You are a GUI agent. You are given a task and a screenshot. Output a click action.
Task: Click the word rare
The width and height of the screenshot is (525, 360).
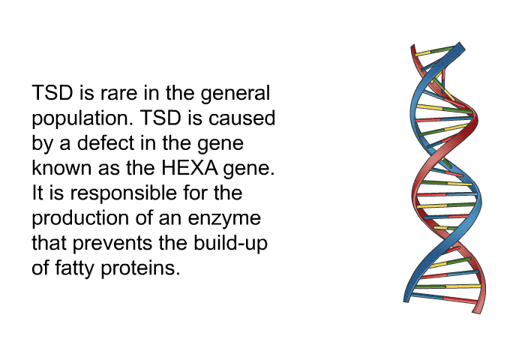pyautogui.click(x=118, y=93)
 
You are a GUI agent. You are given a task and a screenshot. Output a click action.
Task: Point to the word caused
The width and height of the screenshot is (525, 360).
pyautogui.click(x=241, y=118)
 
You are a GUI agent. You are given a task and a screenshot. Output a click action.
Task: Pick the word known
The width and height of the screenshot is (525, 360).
pyautogui.click(x=61, y=167)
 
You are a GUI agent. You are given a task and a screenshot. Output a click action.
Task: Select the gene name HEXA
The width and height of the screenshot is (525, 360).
pyautogui.click(x=190, y=167)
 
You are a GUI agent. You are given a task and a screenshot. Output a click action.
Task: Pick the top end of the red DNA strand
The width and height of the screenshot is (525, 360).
pyautogui.click(x=412, y=46)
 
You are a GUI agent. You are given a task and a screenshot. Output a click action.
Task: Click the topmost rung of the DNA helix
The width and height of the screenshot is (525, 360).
pyautogui.click(x=434, y=51)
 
